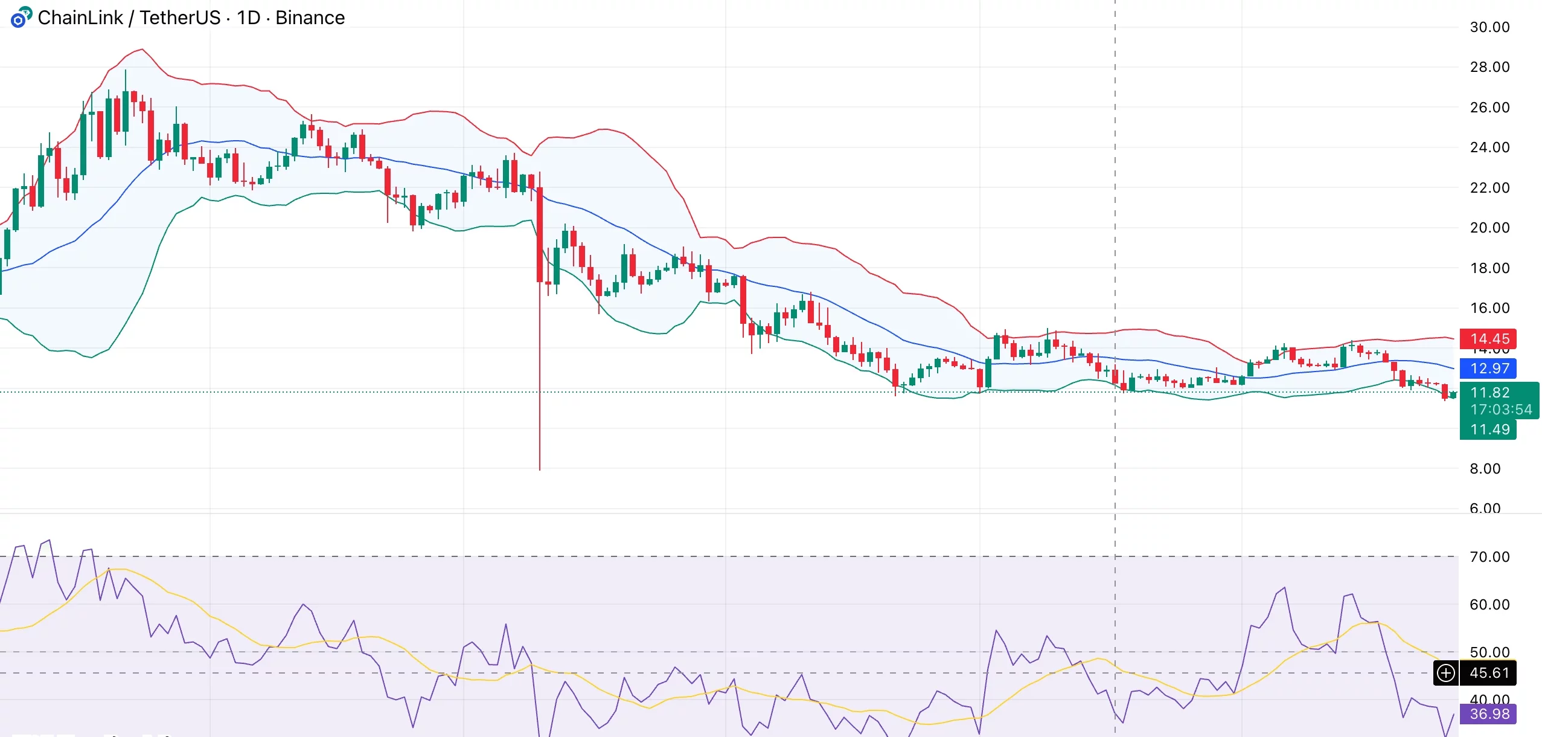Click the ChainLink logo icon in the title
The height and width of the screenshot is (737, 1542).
click(x=21, y=18)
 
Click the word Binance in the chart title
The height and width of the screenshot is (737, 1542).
click(x=310, y=18)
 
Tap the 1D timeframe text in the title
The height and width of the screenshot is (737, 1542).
click(x=248, y=18)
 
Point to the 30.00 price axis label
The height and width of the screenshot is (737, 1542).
click(x=1489, y=27)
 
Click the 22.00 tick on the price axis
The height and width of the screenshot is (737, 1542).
click(x=1489, y=188)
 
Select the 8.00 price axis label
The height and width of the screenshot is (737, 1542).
click(x=1485, y=469)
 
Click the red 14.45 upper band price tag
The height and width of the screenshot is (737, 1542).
click(x=1489, y=339)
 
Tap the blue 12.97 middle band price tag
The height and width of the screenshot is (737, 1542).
click(x=1489, y=368)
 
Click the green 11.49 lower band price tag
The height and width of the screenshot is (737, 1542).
click(x=1489, y=430)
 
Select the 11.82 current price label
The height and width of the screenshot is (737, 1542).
click(x=1489, y=393)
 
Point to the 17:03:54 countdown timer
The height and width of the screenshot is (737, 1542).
click(x=1501, y=410)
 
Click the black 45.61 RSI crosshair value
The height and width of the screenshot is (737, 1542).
click(x=1489, y=673)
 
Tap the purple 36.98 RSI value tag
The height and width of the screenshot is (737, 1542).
click(x=1489, y=714)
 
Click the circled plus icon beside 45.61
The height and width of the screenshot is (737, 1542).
click(x=1446, y=673)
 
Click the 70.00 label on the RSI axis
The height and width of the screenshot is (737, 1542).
click(x=1489, y=557)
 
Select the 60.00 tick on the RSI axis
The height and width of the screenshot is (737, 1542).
click(x=1489, y=605)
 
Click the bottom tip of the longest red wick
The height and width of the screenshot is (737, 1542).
click(x=540, y=469)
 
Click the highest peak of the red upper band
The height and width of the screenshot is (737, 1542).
click(x=142, y=50)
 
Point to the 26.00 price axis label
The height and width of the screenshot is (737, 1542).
click(x=1489, y=108)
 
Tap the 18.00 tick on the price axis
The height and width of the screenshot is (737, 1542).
click(x=1489, y=268)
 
